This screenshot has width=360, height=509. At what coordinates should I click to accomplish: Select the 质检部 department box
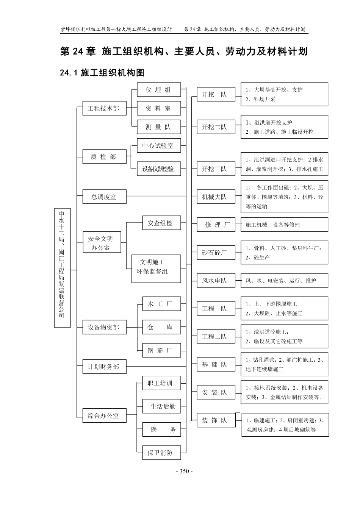coord(104,157)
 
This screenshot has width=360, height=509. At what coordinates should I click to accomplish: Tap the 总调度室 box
coord(104,197)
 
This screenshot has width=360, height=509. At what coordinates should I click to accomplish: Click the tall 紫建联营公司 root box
coord(62,267)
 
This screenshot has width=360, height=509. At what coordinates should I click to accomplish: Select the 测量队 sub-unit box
coord(158,127)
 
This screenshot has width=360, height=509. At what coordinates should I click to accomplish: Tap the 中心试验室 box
coord(158,145)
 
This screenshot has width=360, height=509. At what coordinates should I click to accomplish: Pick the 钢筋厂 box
coord(161,350)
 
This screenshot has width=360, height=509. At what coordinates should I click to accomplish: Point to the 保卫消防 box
coord(161,453)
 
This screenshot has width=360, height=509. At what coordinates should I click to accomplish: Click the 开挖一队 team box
coord(216,94)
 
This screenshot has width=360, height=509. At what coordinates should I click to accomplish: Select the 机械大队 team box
coord(216,197)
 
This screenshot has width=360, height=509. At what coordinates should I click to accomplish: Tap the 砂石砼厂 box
coord(216,253)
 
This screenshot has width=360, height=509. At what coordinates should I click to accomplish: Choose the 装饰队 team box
coord(216,420)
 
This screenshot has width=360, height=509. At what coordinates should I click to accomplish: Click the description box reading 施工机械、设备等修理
coord(284,225)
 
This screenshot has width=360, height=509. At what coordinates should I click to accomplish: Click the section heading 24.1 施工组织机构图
coord(102,72)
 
